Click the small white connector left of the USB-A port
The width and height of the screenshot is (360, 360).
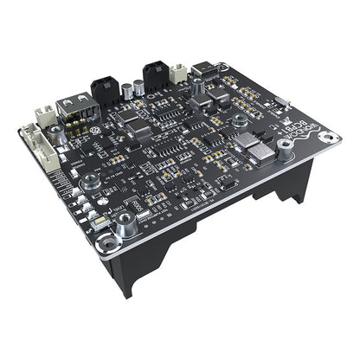click(45, 114)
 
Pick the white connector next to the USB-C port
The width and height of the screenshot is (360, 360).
click(179, 74)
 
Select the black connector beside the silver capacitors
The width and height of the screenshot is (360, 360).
click(156, 74)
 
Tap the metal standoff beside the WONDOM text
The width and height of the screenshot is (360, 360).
click(285, 150)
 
